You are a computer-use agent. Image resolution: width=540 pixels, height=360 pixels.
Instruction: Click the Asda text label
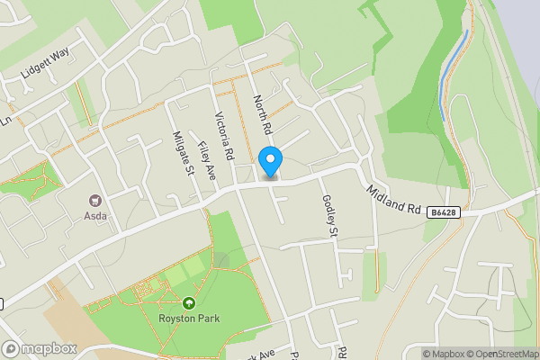95,216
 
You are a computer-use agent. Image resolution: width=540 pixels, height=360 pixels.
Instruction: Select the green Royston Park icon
189,303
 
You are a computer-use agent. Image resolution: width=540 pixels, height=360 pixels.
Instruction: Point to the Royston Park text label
189,317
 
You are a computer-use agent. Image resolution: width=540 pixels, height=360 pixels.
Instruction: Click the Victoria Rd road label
223,136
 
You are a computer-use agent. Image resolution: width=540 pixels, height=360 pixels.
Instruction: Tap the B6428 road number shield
440,212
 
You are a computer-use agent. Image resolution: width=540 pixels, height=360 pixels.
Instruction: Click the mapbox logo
40,348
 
